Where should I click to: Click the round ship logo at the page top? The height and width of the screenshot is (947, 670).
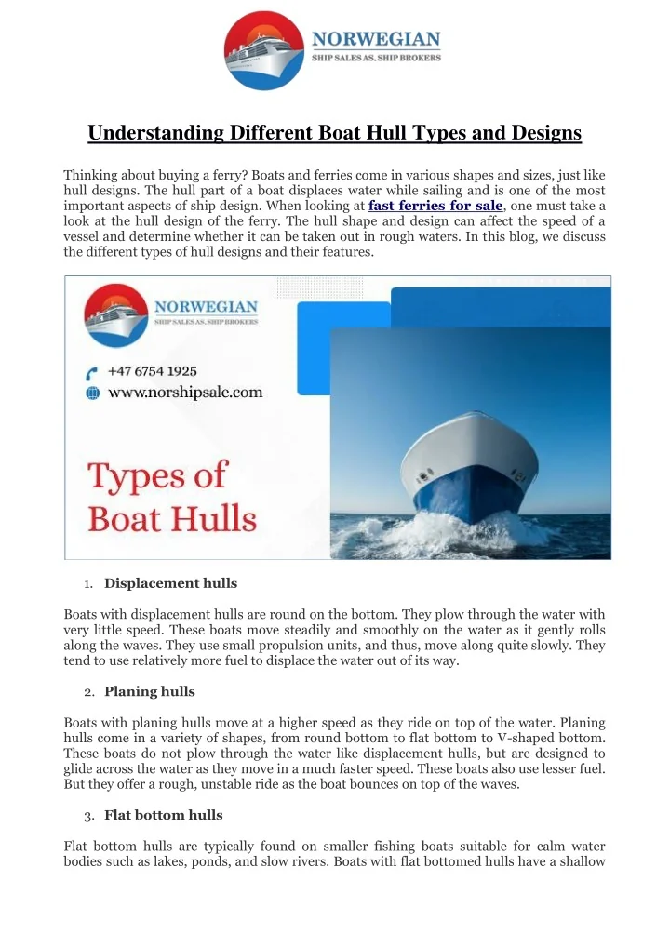265,50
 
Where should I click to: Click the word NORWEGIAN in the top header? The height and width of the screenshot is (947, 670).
376,39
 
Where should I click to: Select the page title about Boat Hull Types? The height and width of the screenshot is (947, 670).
335,133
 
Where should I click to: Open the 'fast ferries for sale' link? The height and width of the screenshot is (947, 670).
436,206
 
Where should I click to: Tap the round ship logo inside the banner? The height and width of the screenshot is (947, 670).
116,315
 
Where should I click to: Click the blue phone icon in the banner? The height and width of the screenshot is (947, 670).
92,372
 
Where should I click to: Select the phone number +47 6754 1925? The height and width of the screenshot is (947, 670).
153,371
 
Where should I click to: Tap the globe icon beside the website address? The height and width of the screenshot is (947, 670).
92,393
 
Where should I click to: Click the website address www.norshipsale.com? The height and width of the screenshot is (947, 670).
185,393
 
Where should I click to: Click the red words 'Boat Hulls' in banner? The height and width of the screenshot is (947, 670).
172,517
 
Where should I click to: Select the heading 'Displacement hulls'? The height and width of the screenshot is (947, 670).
170,584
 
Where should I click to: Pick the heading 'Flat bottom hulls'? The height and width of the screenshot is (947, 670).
163,815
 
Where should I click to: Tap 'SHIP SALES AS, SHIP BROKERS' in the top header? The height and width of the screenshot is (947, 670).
376,58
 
